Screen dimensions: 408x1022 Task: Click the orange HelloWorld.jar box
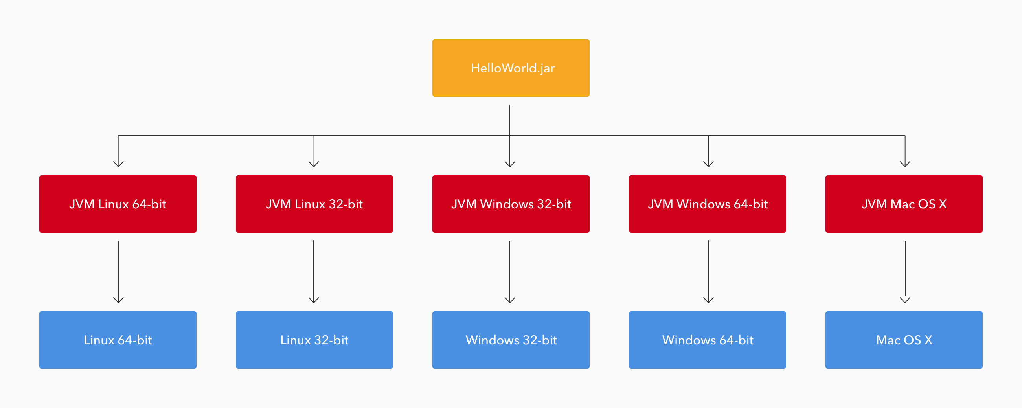[511, 68]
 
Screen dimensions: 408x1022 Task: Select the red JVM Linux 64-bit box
[118, 204]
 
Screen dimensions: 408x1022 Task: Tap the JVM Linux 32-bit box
[314, 204]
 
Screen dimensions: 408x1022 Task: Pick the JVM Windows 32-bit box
[511, 204]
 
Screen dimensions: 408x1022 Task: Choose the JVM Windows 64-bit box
[708, 204]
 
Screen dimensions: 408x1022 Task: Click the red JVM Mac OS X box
[904, 204]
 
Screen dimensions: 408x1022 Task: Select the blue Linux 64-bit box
[118, 340]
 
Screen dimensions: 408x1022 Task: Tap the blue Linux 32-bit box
[314, 340]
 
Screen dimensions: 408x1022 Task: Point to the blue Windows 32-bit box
[511, 340]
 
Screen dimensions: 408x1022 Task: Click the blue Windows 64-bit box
[708, 340]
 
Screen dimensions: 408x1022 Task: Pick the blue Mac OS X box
[904, 340]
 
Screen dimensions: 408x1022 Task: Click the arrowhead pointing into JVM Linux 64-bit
[118, 164]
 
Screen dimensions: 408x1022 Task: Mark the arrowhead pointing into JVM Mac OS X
[905, 164]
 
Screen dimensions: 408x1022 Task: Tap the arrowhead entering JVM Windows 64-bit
[708, 164]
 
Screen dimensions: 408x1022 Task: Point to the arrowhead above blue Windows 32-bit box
[510, 300]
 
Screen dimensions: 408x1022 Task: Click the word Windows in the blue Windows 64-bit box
[689, 340]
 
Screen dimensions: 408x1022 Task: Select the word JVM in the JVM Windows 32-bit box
[464, 204]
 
